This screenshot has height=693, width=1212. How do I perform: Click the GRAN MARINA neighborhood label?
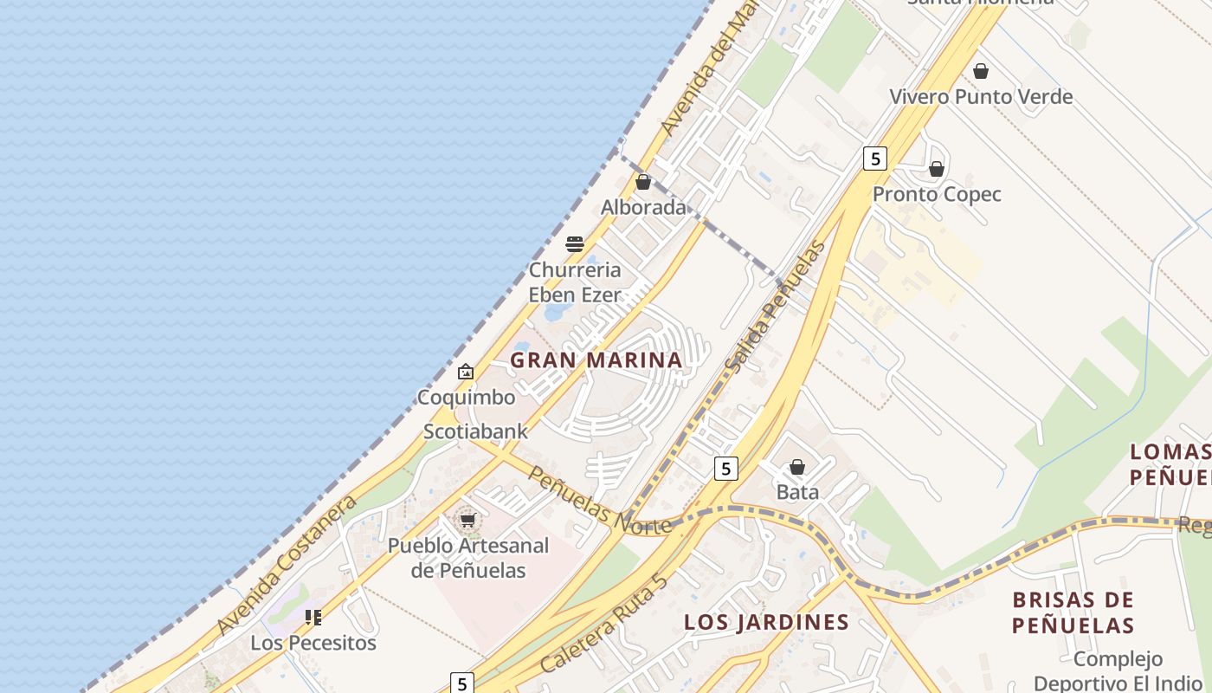(596, 359)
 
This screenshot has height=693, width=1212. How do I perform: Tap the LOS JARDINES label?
(766, 622)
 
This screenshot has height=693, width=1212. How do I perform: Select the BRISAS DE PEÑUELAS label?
(1073, 612)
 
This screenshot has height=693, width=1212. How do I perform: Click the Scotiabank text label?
(475, 431)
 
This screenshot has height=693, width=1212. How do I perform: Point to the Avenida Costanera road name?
(287, 566)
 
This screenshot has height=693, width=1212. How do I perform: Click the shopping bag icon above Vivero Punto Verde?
(981, 71)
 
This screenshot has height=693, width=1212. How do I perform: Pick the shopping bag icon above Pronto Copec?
(936, 169)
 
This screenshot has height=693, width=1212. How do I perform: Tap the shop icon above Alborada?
(643, 182)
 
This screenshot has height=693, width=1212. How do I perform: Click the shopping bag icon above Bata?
(797, 468)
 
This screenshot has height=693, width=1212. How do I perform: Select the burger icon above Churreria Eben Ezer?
(575, 244)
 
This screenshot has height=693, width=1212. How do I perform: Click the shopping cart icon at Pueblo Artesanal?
(467, 520)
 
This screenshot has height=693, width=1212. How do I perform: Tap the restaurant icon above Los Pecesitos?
(313, 618)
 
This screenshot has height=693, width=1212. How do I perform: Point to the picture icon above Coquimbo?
(466, 372)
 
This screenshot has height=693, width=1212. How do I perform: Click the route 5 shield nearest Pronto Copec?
(875, 159)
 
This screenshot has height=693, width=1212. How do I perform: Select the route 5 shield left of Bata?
(725, 469)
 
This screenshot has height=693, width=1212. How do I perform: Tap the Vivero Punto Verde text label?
(981, 96)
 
